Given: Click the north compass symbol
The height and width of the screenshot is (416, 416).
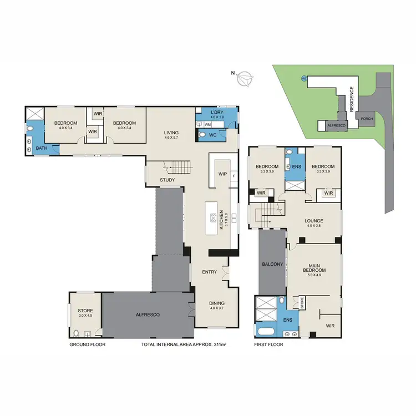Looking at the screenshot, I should [244, 79].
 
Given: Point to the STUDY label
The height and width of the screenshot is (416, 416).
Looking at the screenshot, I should [168, 180].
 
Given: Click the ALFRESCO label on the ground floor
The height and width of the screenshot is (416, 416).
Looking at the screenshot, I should [149, 314].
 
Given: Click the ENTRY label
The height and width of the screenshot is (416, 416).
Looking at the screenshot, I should [210, 272].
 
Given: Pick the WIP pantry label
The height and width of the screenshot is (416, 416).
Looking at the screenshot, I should [224, 174].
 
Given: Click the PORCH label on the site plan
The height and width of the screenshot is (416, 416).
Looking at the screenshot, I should [367, 119].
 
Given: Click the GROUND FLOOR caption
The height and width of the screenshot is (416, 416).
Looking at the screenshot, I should [87, 344].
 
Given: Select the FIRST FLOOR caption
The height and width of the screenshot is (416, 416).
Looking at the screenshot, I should [268, 344].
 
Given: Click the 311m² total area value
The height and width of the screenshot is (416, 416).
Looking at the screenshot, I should [220, 344].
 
